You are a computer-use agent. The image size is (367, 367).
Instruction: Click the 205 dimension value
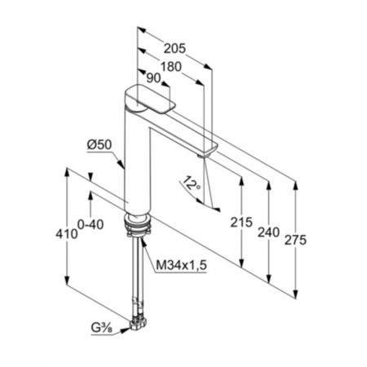click(175, 48)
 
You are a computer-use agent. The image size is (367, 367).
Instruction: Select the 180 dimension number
click(170, 67)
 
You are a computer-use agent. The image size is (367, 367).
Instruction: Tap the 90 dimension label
click(153, 78)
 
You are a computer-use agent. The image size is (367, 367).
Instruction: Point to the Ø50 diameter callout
click(99, 145)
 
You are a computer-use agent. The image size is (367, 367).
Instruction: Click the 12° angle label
click(192, 183)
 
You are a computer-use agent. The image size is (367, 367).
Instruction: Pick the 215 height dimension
click(241, 222)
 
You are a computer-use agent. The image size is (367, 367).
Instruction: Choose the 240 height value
click(268, 232)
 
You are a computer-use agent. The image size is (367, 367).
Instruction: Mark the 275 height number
click(295, 240)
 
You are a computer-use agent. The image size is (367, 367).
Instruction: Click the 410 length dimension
click(67, 234)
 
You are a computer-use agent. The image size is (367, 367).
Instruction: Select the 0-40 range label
click(91, 224)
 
